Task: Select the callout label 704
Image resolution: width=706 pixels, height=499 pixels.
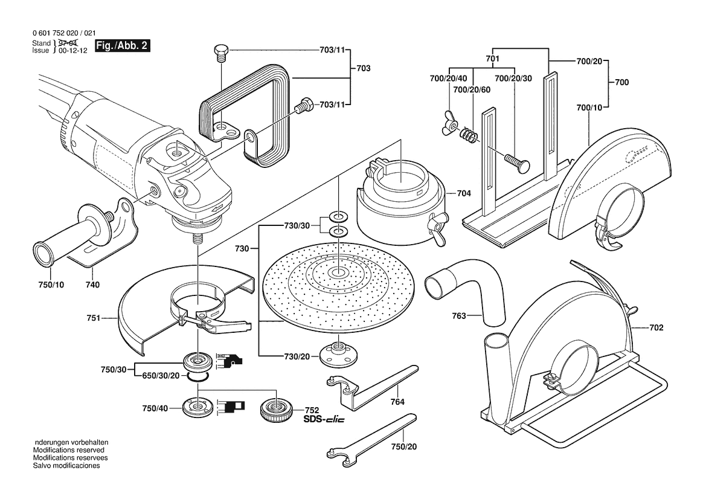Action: point(464,193)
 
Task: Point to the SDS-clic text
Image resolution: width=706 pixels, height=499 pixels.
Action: point(323,420)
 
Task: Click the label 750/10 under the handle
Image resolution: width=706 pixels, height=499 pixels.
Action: point(51,285)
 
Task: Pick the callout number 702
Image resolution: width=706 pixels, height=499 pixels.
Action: point(656,328)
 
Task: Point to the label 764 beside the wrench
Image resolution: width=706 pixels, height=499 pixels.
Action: point(397,401)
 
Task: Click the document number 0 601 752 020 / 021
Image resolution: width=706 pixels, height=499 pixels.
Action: point(63,34)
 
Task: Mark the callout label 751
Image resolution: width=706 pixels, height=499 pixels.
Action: point(94,316)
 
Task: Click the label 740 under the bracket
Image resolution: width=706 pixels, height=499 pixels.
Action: point(92,285)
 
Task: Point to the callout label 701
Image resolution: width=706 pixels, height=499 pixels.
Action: point(492,59)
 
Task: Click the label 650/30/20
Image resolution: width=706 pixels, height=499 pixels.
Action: point(161,376)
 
